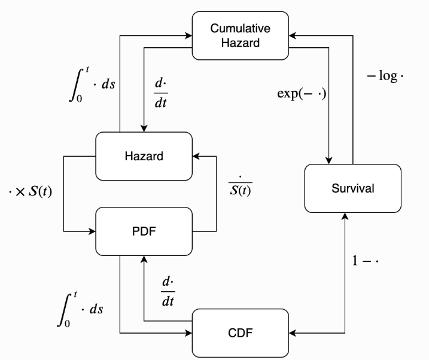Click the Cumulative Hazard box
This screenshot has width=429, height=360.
coord(240,35)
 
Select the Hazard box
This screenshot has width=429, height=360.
coord(144,156)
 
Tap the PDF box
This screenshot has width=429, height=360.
coord(144,231)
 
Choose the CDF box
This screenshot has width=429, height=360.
coord(240,333)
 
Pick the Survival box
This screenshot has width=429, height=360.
coord(353,188)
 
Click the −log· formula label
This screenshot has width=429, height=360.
coord(385,76)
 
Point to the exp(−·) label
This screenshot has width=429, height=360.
coord(302,94)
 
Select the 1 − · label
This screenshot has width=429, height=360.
coord(365,261)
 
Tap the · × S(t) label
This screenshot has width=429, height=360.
coord(30,191)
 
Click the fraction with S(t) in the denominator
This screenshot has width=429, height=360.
coord(240,186)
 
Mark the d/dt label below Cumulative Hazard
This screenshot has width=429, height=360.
coord(161,93)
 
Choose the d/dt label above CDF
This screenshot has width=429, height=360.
coord(168,292)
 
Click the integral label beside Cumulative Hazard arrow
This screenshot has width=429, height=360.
coord(92,84)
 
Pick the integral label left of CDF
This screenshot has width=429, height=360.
coord(80,309)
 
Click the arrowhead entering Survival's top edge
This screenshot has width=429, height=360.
coord(328,160)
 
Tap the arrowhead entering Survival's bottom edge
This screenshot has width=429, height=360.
coord(345,216)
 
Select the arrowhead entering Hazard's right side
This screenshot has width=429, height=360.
coord(196,156)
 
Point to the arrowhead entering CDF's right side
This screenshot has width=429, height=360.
coord(293,333)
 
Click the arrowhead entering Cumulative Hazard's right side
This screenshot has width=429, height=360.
coord(293,35)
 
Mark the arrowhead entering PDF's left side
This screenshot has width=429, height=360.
coord(92,231)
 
